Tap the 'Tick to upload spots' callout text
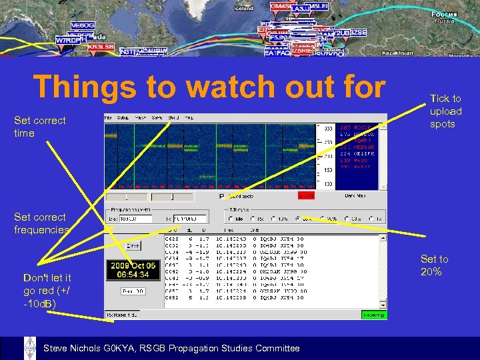pyautogui.click(x=445, y=111)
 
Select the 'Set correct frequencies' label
pyautogui.click(x=41, y=223)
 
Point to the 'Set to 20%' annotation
pyautogui.click(x=434, y=265)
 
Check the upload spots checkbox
pyautogui.click(x=222, y=197)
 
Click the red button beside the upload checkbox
pyautogui.click(x=306, y=197)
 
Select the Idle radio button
pyautogui.click(x=231, y=219)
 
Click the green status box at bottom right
pyautogui.click(x=373, y=315)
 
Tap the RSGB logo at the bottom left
pyautogui.click(x=30, y=348)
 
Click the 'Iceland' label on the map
pyautogui.click(x=244, y=8)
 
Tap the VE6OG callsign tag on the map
pyautogui.click(x=82, y=25)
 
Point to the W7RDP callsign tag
pyautogui.click(x=68, y=40)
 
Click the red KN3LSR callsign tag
pyautogui.click(x=101, y=47)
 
